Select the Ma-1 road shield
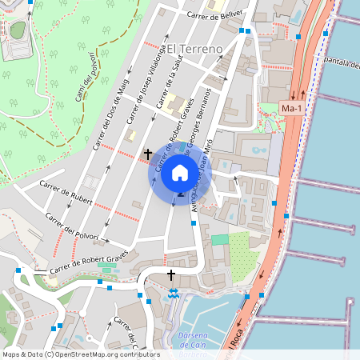tap(291, 109)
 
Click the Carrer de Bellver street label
tap(214, 15)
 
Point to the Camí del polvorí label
tap(86, 80)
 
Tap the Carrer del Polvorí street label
tap(72, 226)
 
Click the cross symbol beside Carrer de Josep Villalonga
tap(147, 153)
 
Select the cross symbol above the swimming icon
tap(171, 275)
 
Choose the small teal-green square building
tap(219, 239)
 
